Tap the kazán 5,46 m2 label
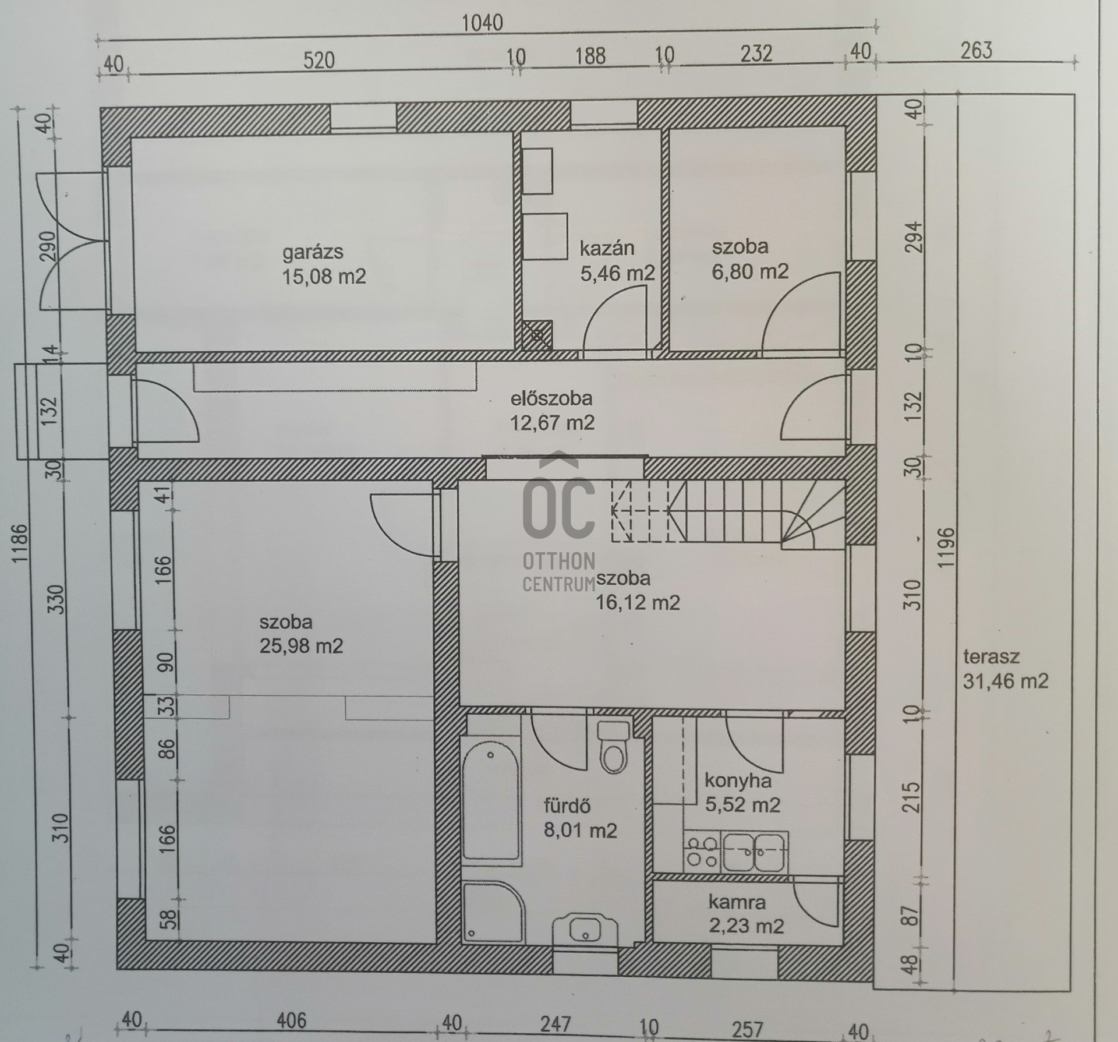(617, 260)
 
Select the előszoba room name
(551, 398)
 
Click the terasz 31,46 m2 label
(1005, 669)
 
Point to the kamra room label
(737, 902)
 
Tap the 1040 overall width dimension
(482, 23)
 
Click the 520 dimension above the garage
(319, 60)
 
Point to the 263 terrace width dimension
(976, 51)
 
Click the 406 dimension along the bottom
(291, 1020)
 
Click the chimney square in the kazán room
(536, 335)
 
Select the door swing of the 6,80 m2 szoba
(801, 312)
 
